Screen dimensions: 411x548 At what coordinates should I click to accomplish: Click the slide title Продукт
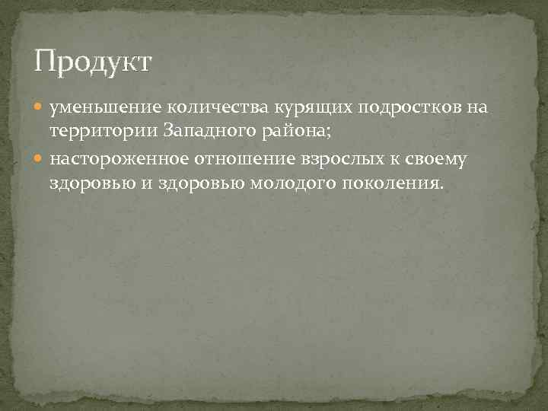pos(94,62)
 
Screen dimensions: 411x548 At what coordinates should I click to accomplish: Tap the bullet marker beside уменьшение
pos(40,108)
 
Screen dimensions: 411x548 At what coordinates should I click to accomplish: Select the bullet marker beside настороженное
pos(40,159)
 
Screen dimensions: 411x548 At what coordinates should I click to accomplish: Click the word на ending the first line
pos(476,108)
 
